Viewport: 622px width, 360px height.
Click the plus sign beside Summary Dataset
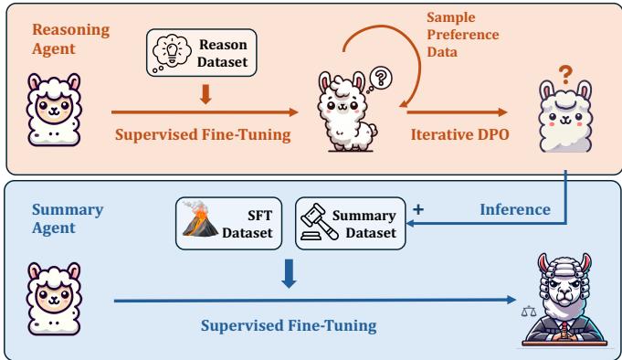tap(418, 208)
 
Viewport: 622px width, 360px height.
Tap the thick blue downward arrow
tap(290, 274)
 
